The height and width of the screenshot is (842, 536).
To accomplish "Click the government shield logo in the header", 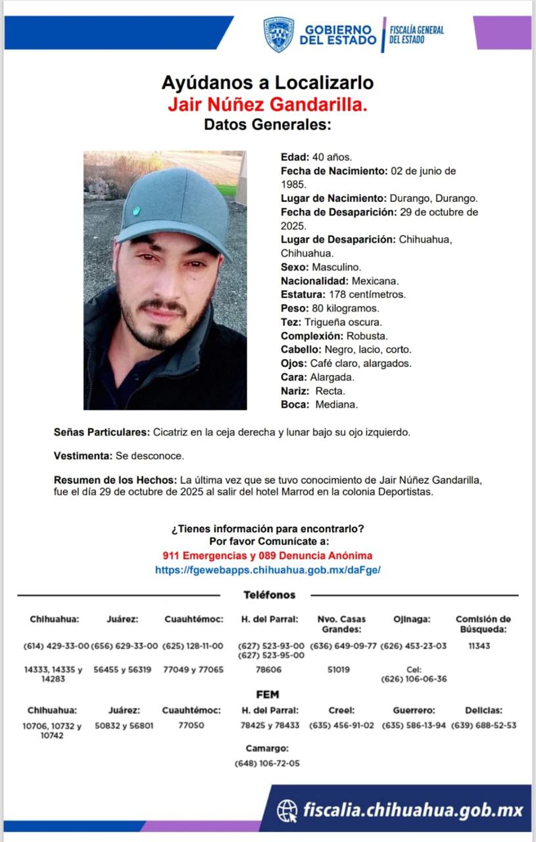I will [x=279, y=34].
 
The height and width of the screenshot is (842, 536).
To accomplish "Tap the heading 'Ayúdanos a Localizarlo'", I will [x=268, y=83].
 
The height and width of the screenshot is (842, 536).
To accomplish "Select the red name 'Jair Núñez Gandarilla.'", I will [x=267, y=104].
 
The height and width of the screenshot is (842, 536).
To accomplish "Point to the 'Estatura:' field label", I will [x=303, y=294].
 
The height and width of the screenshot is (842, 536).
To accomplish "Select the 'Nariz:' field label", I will [x=295, y=391].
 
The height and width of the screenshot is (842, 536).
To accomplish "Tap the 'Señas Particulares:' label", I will [x=101, y=432].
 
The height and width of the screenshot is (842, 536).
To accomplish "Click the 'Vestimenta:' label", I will [x=83, y=456].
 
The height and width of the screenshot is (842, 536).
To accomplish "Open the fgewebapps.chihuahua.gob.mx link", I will [x=268, y=570].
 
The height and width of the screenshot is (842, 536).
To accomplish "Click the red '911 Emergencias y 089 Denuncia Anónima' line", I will [x=268, y=556].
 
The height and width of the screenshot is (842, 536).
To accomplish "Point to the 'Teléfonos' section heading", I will [x=270, y=595].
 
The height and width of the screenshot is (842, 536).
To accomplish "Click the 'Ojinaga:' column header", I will [x=412, y=619].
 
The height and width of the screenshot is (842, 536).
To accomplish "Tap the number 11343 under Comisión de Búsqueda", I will [x=479, y=646].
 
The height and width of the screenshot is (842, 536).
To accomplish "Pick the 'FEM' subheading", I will [x=268, y=694].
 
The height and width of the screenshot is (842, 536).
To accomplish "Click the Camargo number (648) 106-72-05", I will [x=267, y=763].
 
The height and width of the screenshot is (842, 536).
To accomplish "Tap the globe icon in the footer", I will [x=287, y=809].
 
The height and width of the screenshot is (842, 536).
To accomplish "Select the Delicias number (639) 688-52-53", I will [x=483, y=726].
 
